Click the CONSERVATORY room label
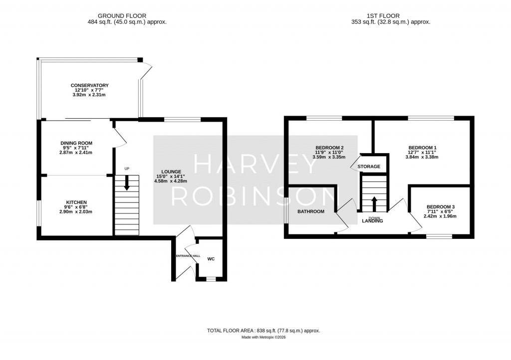pyautogui.click(x=89, y=85)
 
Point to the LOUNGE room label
pyautogui.click(x=171, y=172)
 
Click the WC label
pyautogui.click(x=211, y=259)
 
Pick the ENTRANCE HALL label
pyautogui.click(x=187, y=256)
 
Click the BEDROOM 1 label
pyautogui.click(x=422, y=148)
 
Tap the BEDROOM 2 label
pyautogui.click(x=329, y=148)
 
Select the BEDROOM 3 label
pyautogui.click(x=440, y=206)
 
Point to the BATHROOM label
pyautogui.click(x=311, y=211)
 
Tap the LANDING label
pyautogui.click(x=373, y=221)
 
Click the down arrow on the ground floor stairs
pyautogui.click(x=127, y=183)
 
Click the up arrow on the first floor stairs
pyautogui.click(x=374, y=204)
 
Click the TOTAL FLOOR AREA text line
pyautogui.click(x=263, y=331)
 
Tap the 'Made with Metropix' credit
pyautogui.click(x=263, y=338)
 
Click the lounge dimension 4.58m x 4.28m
pyautogui.click(x=171, y=181)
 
